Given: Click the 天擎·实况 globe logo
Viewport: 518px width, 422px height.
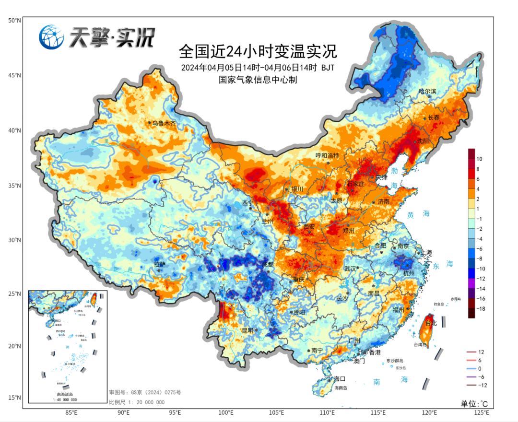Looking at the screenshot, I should [52, 37].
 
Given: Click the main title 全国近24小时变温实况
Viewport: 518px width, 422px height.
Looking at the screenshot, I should [258, 50].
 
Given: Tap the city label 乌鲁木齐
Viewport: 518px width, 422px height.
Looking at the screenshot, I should [164, 123].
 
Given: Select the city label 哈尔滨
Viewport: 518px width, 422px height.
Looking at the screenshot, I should [427, 91].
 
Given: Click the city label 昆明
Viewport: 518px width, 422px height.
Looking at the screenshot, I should [247, 330].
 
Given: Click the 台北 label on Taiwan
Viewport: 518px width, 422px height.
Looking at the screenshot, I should [432, 324].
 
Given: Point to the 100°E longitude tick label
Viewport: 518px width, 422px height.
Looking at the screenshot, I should [226, 412].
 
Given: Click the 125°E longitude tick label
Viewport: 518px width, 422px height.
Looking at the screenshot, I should [481, 412].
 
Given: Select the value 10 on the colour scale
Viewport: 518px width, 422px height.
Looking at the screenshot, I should [479, 159].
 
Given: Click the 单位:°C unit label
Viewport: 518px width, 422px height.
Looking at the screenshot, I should [474, 403].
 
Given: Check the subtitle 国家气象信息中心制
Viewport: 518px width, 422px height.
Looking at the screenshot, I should [258, 80].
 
